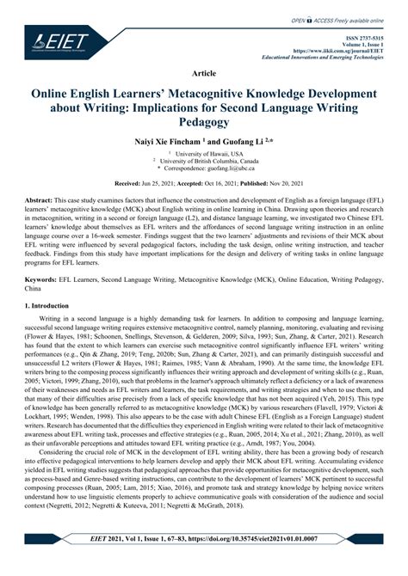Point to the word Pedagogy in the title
click(203, 123)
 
